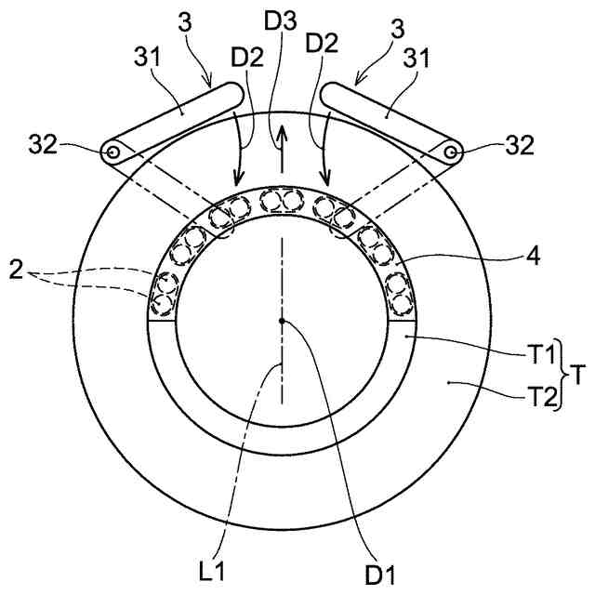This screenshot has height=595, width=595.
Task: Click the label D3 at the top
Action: coord(281,20)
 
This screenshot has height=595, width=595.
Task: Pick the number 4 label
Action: coord(533,258)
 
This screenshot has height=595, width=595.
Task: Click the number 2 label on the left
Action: coord(16,271)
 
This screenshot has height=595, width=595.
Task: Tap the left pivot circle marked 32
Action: coord(112,152)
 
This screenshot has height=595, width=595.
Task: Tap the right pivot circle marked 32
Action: coord(451,152)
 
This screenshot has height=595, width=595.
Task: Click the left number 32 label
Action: coord(43,145)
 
